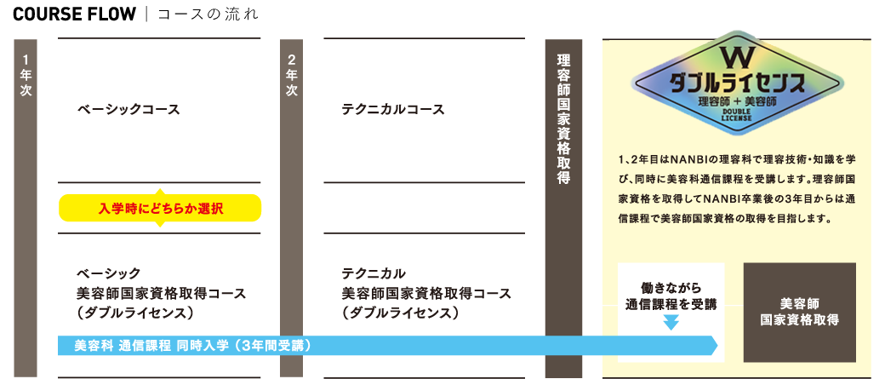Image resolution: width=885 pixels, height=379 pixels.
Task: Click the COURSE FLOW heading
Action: [74, 14]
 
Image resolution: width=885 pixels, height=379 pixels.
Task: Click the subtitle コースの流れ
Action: [203, 15]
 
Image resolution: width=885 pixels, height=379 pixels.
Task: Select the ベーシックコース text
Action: [129, 110]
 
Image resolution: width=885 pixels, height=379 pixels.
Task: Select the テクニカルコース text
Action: [393, 110]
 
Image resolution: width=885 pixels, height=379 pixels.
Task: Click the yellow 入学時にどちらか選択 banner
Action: [160, 208]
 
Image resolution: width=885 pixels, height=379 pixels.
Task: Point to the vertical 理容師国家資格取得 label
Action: [563, 119]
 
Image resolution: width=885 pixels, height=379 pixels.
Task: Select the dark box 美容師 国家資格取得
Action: [799, 312]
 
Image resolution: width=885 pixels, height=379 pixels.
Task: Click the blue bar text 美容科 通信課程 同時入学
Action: [191, 346]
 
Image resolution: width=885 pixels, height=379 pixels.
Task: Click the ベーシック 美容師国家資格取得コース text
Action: [161, 293]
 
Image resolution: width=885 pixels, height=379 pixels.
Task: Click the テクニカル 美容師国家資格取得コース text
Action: [426, 293]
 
